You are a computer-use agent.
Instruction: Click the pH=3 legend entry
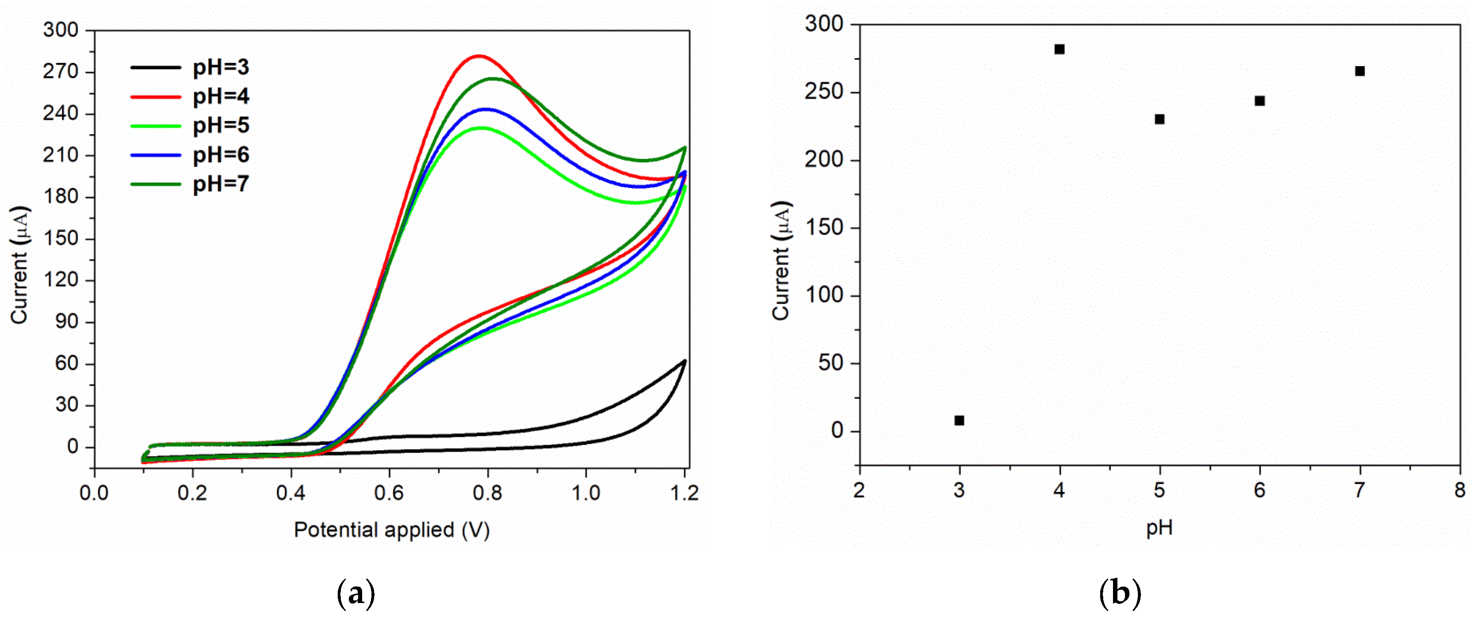click(220, 68)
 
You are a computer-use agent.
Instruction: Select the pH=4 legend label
click(220, 97)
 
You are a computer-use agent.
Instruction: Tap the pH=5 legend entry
click(220, 126)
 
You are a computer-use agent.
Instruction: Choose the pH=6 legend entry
click(220, 155)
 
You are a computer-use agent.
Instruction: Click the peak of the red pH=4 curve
click(478, 56)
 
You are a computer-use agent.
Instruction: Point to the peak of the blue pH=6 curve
click(486, 109)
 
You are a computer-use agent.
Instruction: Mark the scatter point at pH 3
click(959, 421)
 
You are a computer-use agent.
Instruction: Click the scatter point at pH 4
click(1059, 49)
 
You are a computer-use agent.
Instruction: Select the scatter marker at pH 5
click(1160, 119)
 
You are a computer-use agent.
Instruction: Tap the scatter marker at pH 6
click(1259, 101)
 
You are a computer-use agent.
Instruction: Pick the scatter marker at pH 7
click(1359, 71)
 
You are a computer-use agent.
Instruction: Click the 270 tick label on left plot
click(60, 72)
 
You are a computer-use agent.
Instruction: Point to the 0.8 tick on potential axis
click(488, 493)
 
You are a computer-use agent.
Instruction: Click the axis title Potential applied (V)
click(391, 530)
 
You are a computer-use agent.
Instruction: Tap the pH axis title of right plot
click(1159, 527)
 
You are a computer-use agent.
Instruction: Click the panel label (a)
click(355, 594)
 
